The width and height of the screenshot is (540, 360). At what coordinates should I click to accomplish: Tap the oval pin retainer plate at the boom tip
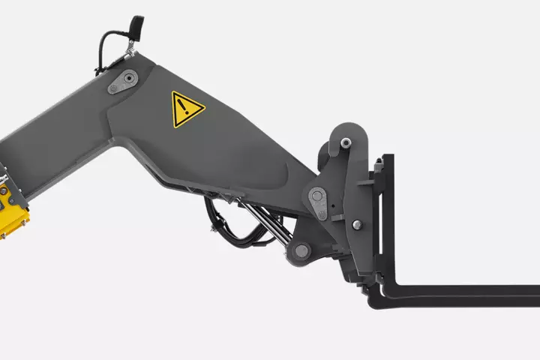pos(318,202)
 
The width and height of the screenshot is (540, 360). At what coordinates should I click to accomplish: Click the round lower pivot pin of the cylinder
pos(302,251)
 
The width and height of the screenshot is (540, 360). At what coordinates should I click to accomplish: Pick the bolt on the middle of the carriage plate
pos(355,225)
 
